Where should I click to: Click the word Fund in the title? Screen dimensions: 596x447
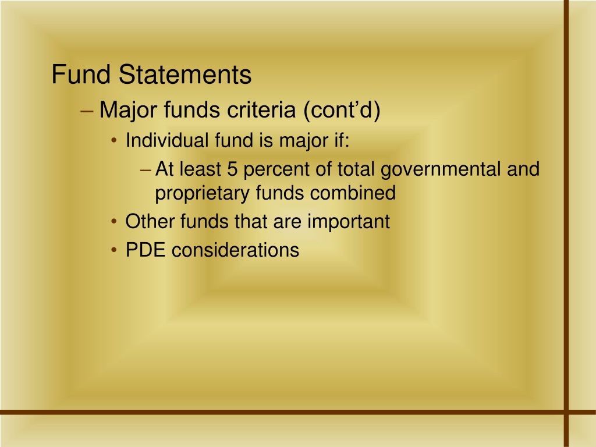81,74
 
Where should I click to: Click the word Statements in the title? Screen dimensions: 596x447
185,74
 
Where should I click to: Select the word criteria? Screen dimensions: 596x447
261,110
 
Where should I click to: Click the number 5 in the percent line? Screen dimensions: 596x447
232,169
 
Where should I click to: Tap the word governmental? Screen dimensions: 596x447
441,169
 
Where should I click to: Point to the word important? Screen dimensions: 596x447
349,222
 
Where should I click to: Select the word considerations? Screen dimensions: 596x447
235,250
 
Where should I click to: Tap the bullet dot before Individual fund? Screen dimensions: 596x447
114,141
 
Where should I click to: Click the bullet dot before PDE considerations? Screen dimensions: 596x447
114,250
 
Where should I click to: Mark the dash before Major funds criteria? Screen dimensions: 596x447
87,111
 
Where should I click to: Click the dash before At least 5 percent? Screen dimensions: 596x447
146,171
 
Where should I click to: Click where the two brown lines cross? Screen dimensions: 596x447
566,412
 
